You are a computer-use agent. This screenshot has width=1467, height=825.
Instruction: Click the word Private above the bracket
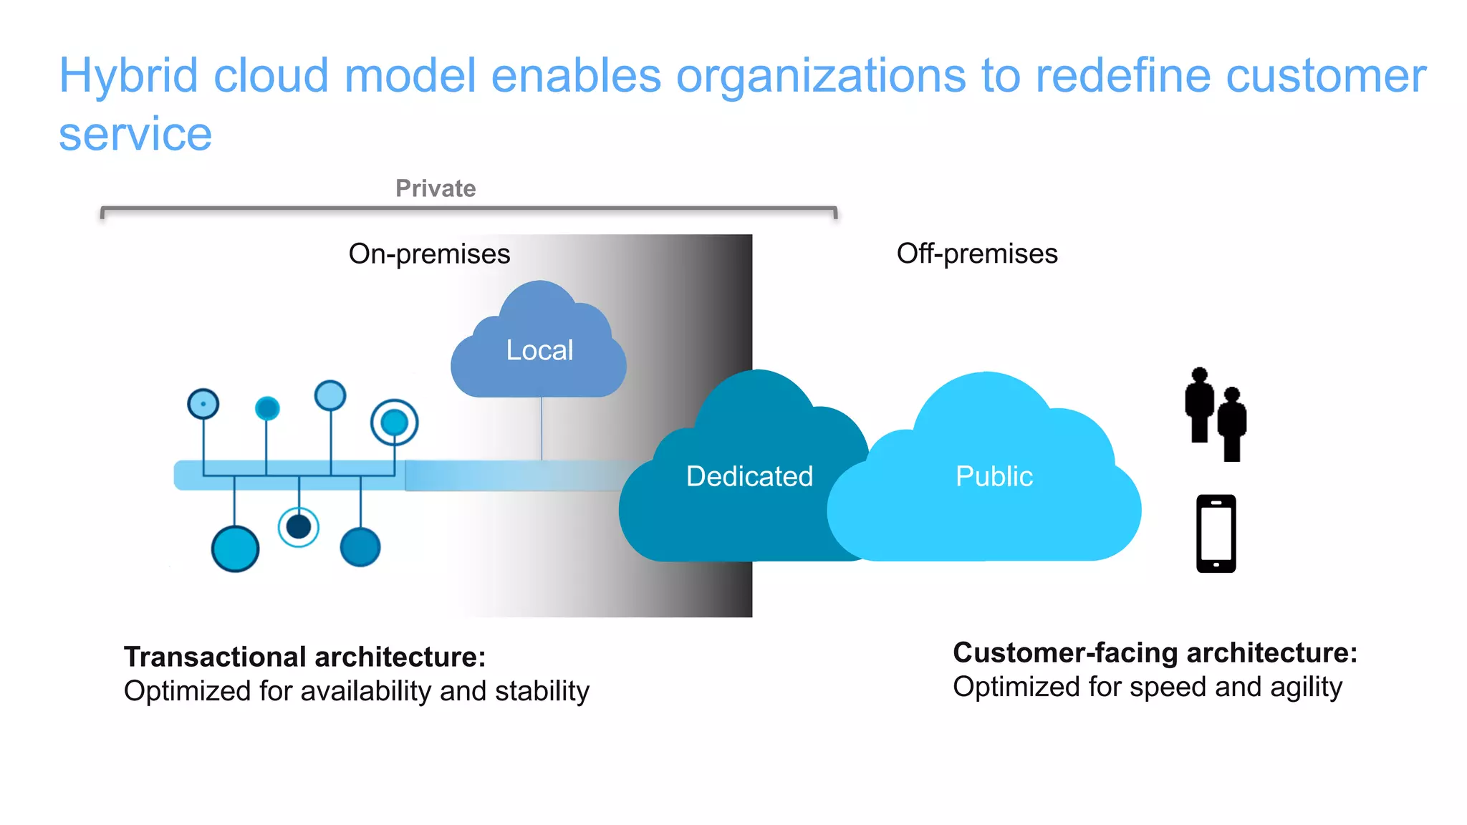[x=436, y=188]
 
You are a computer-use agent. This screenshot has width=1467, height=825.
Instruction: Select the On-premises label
[x=429, y=254]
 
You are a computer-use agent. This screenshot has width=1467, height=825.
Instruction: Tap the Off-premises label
[x=976, y=254]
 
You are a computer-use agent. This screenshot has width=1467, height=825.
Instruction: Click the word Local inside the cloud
[x=539, y=350]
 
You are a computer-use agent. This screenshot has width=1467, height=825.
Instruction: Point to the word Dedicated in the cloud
[x=749, y=476]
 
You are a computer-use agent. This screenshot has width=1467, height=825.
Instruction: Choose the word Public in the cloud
[x=994, y=476]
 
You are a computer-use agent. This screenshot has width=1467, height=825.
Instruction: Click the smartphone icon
[x=1216, y=534]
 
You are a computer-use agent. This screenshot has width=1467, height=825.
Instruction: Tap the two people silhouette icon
[x=1216, y=414]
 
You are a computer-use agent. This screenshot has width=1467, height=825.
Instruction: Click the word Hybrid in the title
[x=128, y=75]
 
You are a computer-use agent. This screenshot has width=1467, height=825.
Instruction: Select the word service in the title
[x=135, y=134]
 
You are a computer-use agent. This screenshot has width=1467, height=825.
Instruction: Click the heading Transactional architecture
[x=304, y=657]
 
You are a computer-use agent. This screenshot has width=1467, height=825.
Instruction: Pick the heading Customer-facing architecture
[x=1155, y=652]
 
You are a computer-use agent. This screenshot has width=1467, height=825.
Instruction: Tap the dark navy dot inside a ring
[x=298, y=527]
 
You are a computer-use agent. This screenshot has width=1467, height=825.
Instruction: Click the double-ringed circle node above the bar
[x=394, y=423]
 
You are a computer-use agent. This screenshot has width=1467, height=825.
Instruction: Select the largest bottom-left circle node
[x=235, y=549]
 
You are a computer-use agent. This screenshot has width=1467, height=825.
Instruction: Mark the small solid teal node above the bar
[x=267, y=408]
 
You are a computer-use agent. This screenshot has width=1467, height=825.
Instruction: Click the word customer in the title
[x=1326, y=75]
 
